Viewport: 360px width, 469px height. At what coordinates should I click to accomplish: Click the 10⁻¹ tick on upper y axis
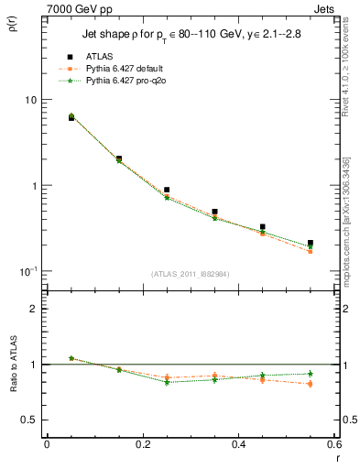pyautogui.click(x=28, y=271)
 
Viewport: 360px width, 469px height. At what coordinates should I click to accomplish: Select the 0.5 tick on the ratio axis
pyautogui.click(x=29, y=420)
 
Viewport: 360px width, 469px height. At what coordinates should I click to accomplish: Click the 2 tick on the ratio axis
pyautogui.click(x=33, y=309)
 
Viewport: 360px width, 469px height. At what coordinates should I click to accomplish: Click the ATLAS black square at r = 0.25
pyautogui.click(x=167, y=190)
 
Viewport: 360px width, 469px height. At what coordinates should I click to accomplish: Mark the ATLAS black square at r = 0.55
pyautogui.click(x=311, y=243)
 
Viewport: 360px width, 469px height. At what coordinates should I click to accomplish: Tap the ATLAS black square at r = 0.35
pyautogui.click(x=214, y=212)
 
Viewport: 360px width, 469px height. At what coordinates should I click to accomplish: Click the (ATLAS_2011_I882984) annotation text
pyautogui.click(x=191, y=274)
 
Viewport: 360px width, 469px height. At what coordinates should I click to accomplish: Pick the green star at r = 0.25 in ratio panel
pyautogui.click(x=167, y=382)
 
